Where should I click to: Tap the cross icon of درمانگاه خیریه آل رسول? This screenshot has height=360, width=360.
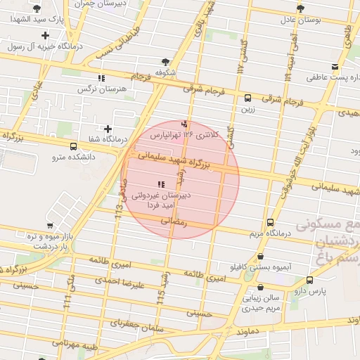[x=46, y=34]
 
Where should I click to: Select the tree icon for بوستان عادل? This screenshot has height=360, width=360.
[x=301, y=9]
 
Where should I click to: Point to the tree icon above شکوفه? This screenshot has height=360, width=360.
[x=165, y=63]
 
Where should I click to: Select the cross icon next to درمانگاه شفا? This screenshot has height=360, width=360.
[x=108, y=129]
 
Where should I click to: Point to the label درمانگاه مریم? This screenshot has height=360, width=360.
[x=266, y=232]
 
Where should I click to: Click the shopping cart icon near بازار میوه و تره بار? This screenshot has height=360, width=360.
[x=49, y=225]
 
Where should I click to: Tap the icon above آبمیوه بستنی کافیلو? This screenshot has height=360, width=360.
[x=262, y=257]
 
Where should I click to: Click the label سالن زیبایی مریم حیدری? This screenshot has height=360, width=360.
[x=262, y=302]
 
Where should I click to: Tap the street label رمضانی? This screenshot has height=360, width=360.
[x=174, y=221]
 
